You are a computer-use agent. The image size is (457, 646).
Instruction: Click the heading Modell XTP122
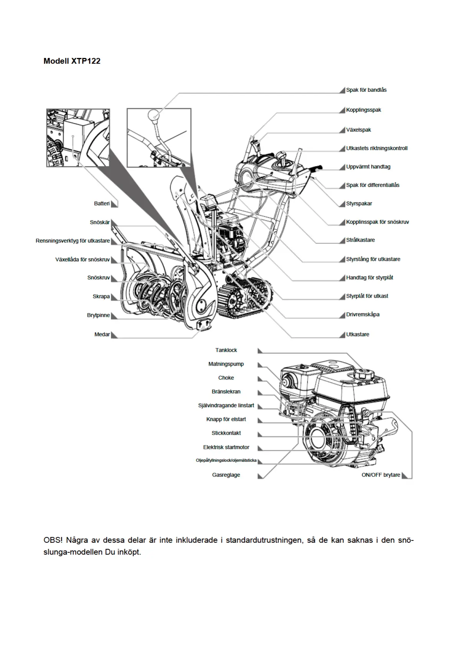[x=72, y=61]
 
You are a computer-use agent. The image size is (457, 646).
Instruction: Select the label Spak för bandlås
[x=366, y=90]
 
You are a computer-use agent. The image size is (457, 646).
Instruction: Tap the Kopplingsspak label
[x=363, y=110]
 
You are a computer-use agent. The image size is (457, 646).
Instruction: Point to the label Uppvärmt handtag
[x=368, y=167]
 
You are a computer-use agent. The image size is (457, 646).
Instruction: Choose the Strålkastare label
[x=360, y=240]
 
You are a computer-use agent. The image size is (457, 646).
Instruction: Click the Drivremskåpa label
[x=363, y=315]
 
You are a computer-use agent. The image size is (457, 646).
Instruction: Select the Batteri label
[x=102, y=204]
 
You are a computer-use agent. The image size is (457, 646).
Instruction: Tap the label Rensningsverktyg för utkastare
[x=73, y=241]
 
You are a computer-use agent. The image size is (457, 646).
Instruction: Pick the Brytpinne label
[x=98, y=315]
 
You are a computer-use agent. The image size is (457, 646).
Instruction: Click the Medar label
[x=102, y=335]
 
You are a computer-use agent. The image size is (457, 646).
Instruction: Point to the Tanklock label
[x=226, y=350]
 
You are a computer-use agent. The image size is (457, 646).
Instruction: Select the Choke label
[x=226, y=378]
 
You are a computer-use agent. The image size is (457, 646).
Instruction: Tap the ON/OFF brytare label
[x=381, y=475]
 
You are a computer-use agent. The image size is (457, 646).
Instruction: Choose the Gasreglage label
[x=226, y=475]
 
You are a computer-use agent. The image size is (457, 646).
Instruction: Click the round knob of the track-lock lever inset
[x=153, y=114]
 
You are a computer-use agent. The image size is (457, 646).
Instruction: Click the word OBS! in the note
[x=53, y=540]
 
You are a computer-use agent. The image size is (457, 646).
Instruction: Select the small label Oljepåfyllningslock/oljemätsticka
[x=226, y=460]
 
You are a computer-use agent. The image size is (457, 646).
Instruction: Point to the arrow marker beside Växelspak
[x=342, y=130]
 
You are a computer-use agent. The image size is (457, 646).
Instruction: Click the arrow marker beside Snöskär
[x=114, y=223]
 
